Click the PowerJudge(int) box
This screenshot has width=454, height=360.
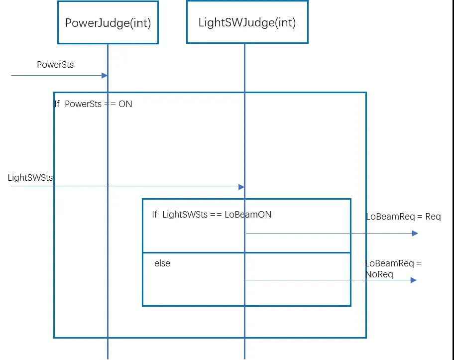click(108, 22)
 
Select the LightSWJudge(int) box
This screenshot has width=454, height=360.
click(247, 22)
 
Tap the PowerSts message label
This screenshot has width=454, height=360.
click(55, 65)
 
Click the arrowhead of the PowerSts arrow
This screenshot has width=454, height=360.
click(105, 75)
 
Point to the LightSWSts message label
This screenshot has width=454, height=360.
click(30, 178)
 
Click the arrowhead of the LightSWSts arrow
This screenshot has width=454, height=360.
click(241, 187)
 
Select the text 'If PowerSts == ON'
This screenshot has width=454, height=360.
click(94, 104)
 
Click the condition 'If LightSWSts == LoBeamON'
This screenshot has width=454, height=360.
click(212, 215)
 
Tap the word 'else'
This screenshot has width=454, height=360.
click(162, 263)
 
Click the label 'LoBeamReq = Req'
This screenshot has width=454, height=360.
click(403, 217)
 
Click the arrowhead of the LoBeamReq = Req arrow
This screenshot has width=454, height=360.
click(415, 233)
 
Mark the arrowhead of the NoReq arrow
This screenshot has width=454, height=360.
click(413, 280)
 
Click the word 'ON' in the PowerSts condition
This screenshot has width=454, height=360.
click(125, 104)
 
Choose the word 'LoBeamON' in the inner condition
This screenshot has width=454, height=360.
click(248, 215)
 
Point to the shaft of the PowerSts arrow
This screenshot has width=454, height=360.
click(55, 75)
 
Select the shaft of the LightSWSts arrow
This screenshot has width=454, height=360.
click(124, 187)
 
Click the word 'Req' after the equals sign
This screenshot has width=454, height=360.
click(433, 217)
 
